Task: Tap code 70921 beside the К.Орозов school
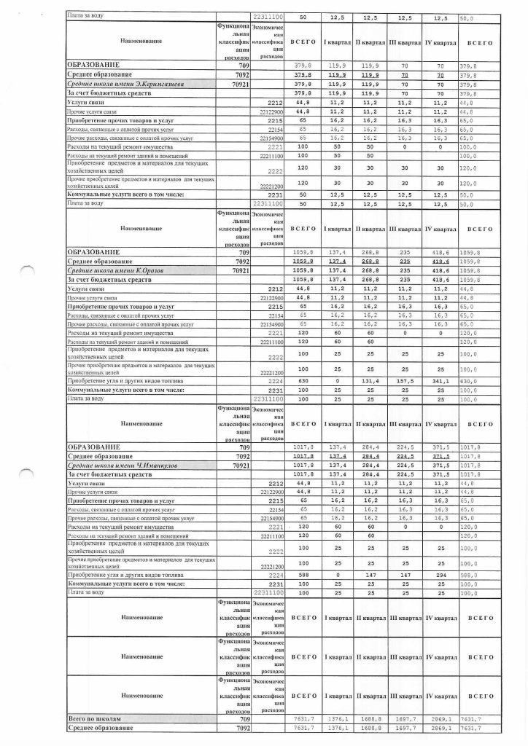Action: (x=241, y=270)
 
